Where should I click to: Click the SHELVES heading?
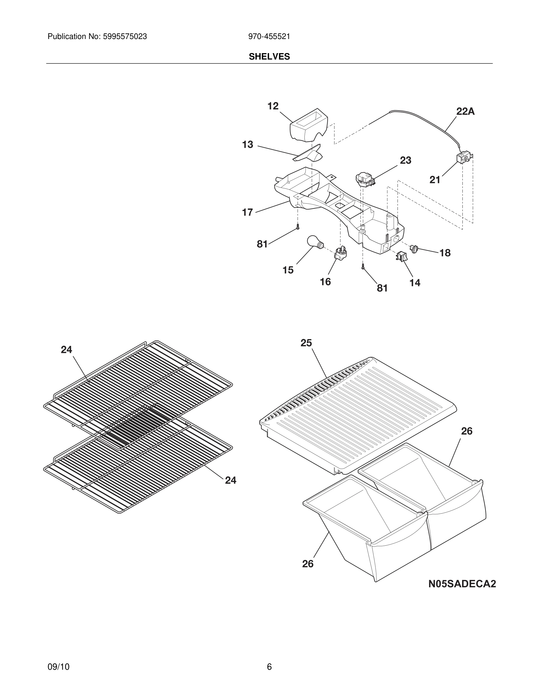pyautogui.click(x=269, y=57)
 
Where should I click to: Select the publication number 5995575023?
pyautogui.click(x=124, y=37)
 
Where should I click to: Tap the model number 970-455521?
pyautogui.click(x=269, y=37)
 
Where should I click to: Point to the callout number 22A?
pyautogui.click(x=465, y=111)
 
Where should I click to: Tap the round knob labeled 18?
pyautogui.click(x=414, y=248)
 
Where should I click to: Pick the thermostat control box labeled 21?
pyautogui.click(x=463, y=158)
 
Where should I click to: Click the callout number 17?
pyautogui.click(x=247, y=212)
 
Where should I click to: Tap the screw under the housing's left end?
pyautogui.click(x=298, y=226)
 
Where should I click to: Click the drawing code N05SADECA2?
pyautogui.click(x=462, y=584)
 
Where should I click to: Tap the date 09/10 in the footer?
pyautogui.click(x=58, y=667)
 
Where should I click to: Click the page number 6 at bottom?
pyautogui.click(x=269, y=667)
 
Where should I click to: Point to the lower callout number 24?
pyautogui.click(x=230, y=480)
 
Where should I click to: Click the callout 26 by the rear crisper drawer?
pyautogui.click(x=466, y=431)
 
